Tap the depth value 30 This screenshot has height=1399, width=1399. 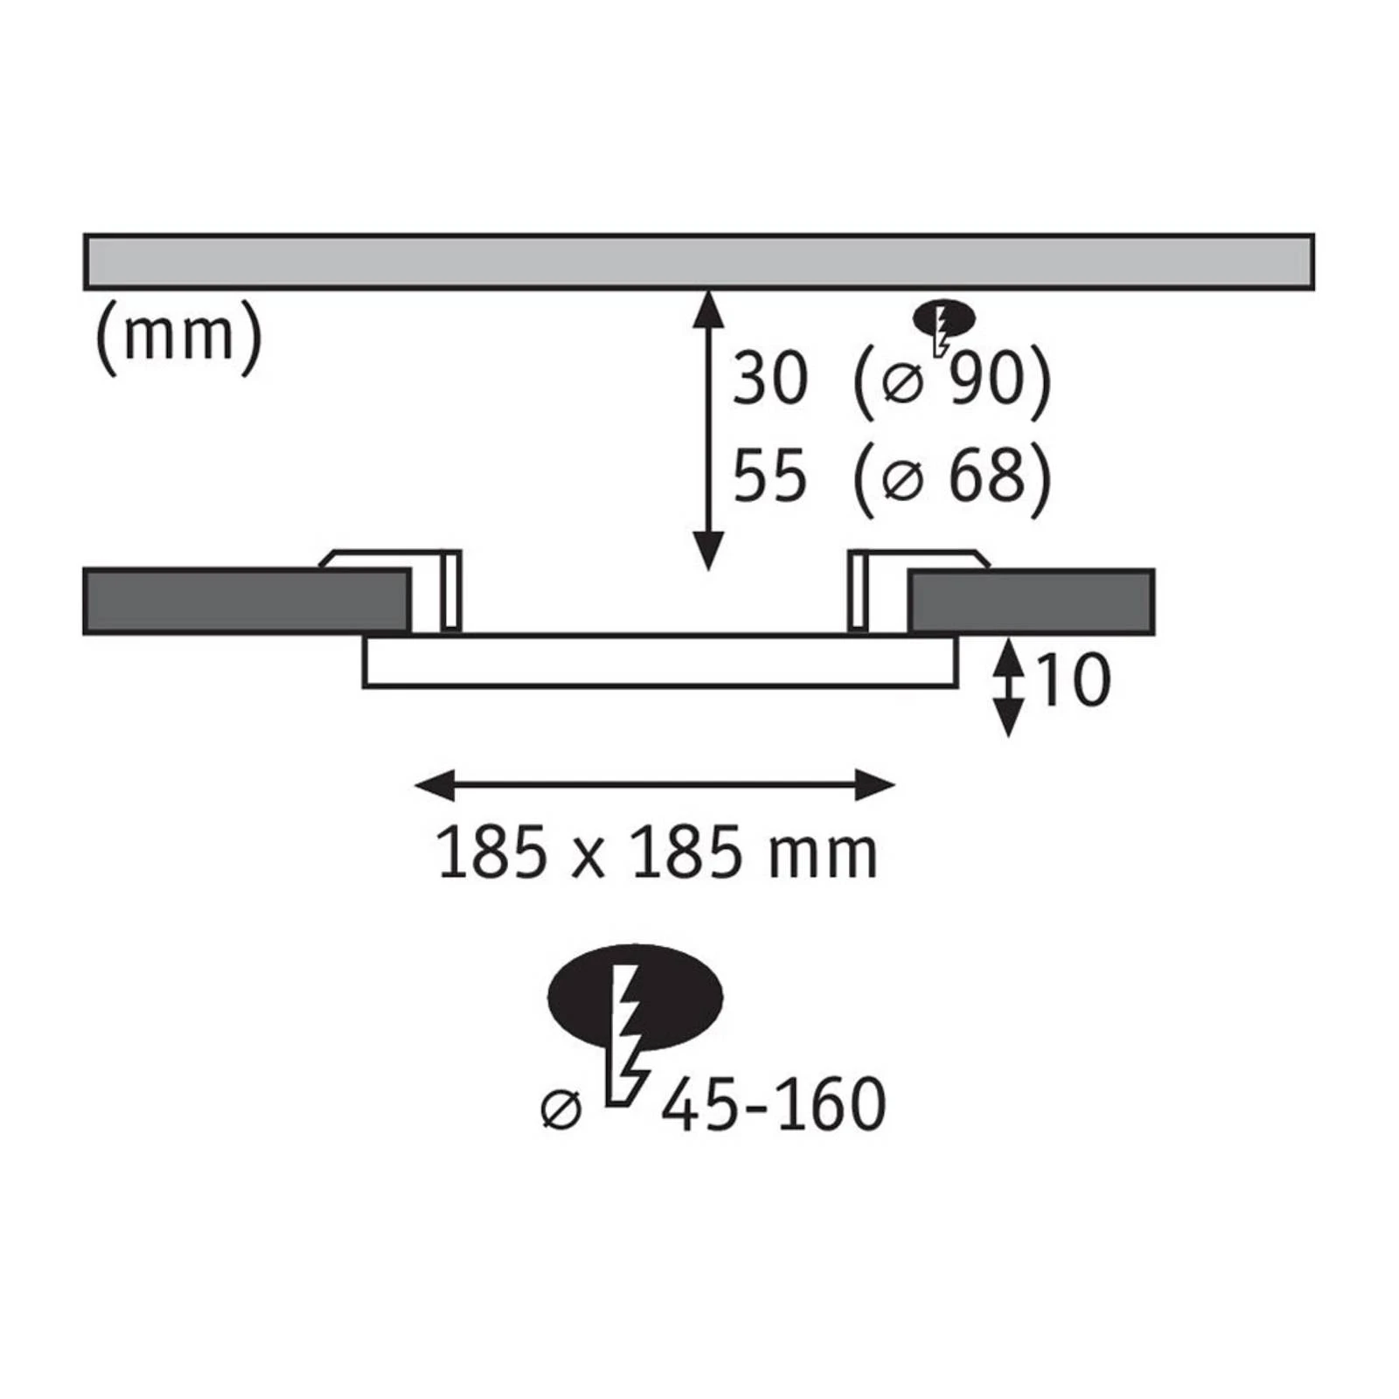point(769,379)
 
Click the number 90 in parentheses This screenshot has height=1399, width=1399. point(985,379)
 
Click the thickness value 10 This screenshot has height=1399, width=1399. point(1073,680)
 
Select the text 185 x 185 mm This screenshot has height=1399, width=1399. point(657,853)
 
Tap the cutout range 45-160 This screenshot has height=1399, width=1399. point(774,1105)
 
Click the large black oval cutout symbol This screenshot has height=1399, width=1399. point(635,999)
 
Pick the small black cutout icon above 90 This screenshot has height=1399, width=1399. point(944,318)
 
